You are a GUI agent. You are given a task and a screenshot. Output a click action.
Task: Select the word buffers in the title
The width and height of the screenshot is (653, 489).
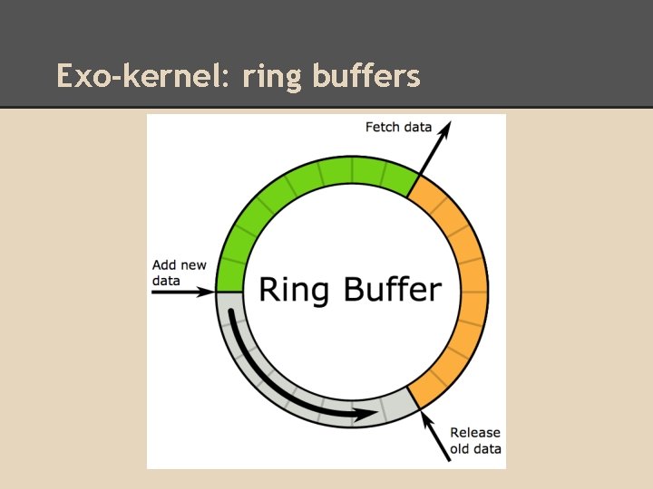[x=366, y=75]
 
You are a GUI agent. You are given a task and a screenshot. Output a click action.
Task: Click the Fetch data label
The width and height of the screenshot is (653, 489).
[x=398, y=127]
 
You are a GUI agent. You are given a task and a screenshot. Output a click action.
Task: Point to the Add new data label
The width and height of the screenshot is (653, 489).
[x=179, y=273]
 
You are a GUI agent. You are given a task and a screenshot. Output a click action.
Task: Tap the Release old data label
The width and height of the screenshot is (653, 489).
[x=475, y=440]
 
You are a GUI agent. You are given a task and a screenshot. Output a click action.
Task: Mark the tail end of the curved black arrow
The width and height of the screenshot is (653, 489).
[x=235, y=317]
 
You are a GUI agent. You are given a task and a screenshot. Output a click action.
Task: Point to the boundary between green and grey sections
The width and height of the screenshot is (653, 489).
[x=230, y=292]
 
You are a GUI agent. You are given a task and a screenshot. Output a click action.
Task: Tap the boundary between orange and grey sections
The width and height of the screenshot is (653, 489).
[x=414, y=398]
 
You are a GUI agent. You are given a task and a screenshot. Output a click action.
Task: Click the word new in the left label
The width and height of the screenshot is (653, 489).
[x=192, y=265]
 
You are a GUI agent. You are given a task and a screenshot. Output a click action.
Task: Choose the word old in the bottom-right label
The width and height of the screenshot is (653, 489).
[x=460, y=448]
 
